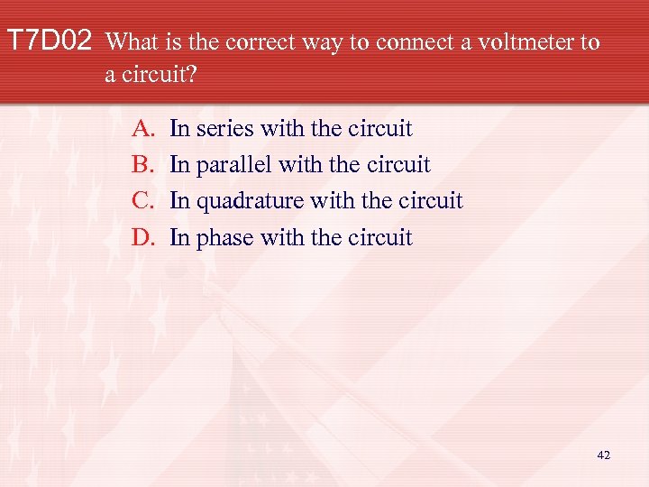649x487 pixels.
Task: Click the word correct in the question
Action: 267,42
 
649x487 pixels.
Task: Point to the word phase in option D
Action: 226,238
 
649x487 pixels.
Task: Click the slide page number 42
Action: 603,455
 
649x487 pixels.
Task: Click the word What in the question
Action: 136,42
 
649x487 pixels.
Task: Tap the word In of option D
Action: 179,237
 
